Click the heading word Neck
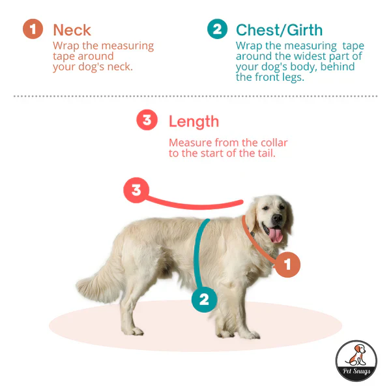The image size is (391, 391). pos(72,30)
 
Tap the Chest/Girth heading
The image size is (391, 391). pos(279,30)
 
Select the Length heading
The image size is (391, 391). pos(194,121)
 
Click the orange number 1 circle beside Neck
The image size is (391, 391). pos(33,29)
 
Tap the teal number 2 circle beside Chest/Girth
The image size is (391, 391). pos(217,29)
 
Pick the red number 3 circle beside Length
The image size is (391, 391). pos(147,120)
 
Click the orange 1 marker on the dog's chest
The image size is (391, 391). pos(287,265)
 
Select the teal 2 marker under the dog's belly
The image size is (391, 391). pos(204,300)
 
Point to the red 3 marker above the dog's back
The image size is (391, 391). pos(136,190)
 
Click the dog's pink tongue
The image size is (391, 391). pos(275,235)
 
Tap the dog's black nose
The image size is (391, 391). pos(277,218)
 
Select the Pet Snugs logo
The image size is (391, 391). pos(356,361)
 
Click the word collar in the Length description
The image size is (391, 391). pos(274,143)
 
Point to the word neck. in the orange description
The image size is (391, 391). pos(120,67)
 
